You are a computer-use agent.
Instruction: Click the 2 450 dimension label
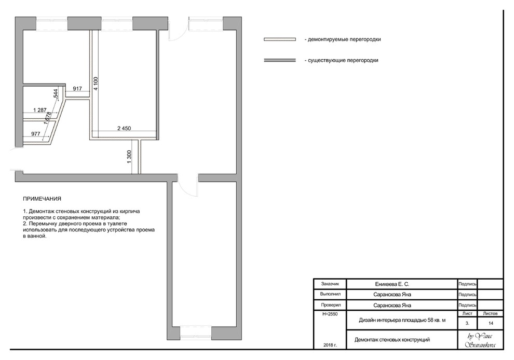click(x=124, y=129)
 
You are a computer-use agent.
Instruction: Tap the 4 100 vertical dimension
click(x=96, y=84)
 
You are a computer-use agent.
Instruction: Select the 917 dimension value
click(x=77, y=89)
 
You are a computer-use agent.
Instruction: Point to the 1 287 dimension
click(x=40, y=110)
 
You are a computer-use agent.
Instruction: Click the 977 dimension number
click(x=36, y=134)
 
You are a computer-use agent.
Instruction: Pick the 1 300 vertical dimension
click(x=129, y=157)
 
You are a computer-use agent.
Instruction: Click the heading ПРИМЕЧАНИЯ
click(x=42, y=199)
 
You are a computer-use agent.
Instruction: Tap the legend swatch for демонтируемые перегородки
click(x=280, y=39)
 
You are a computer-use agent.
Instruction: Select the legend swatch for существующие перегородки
click(x=280, y=60)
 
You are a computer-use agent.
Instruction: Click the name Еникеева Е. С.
click(x=392, y=284)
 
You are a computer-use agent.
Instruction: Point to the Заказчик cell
click(x=330, y=284)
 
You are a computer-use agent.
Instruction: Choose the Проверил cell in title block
click(x=331, y=305)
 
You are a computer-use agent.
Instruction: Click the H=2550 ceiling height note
click(x=330, y=314)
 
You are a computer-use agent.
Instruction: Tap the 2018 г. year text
click(x=330, y=345)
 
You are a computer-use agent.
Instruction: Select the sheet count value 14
click(x=491, y=323)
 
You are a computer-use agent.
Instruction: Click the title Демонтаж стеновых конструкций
click(x=392, y=340)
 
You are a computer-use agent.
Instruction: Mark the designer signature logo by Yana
click(x=481, y=340)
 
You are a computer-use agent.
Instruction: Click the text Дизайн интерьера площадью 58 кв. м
click(x=402, y=320)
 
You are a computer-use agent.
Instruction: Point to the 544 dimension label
click(x=56, y=94)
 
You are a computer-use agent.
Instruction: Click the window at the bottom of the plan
click(x=196, y=333)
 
